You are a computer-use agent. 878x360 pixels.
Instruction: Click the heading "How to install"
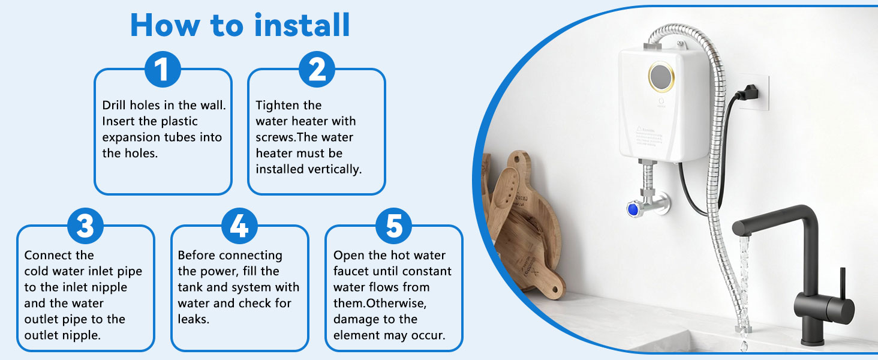tap(240, 25)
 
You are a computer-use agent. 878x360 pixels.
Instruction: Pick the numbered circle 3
tap(85, 227)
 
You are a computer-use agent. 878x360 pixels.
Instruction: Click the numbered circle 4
tap(239, 227)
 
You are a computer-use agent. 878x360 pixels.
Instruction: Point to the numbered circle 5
tap(393, 227)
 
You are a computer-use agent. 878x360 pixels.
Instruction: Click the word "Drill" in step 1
tap(115, 106)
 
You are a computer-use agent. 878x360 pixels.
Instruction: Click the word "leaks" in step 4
tap(192, 319)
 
